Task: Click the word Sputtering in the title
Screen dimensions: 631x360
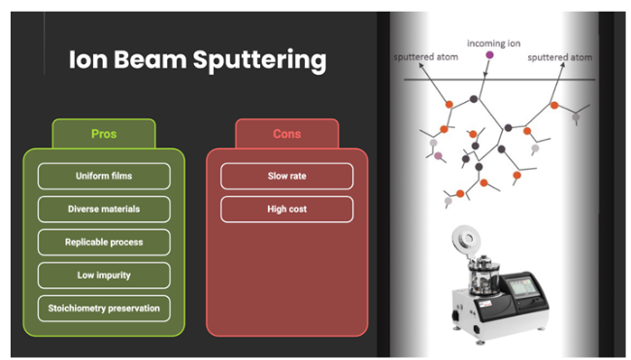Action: tap(259, 61)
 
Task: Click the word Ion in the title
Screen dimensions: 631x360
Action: tap(88, 59)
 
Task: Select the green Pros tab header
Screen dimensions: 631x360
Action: tap(104, 134)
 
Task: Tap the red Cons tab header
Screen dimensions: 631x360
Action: tap(287, 134)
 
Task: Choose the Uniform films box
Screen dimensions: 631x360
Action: tap(104, 176)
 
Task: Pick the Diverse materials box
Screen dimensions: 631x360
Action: tap(104, 210)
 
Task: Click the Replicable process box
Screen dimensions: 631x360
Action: tap(104, 243)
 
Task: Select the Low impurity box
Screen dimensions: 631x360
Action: tap(104, 276)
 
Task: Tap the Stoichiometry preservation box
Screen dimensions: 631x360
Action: tap(104, 309)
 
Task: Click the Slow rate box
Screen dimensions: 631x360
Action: tap(287, 176)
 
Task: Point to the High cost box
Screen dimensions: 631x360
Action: tap(287, 210)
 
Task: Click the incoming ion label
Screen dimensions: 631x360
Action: tap(493, 44)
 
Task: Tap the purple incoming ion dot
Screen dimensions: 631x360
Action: tap(489, 55)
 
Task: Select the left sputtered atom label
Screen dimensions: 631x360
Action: tap(426, 57)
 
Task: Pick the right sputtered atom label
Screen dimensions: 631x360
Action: tap(560, 57)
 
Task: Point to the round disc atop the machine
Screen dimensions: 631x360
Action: tap(466, 240)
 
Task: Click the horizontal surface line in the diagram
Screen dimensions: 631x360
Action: tap(499, 80)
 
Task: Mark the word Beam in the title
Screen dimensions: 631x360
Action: tap(150, 59)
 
